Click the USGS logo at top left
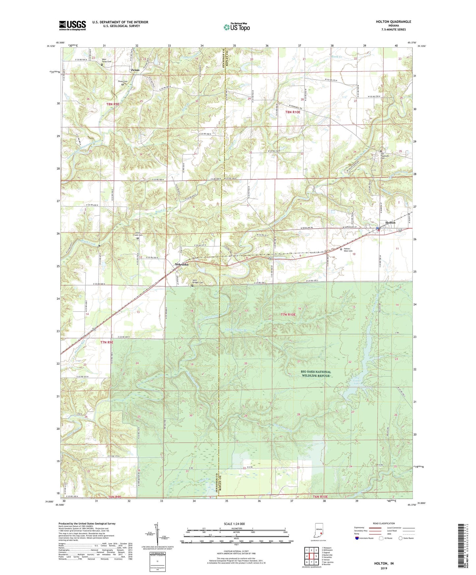(x=72, y=25)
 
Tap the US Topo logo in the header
(x=237, y=27)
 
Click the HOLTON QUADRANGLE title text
(x=393, y=22)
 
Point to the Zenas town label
(x=135, y=70)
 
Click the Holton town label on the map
(x=390, y=223)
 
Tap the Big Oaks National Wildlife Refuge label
(x=316, y=373)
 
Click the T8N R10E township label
(x=293, y=112)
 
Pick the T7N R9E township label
(x=107, y=342)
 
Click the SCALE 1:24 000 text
(x=234, y=524)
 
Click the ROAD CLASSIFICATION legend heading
(x=384, y=523)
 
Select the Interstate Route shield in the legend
(x=357, y=538)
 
